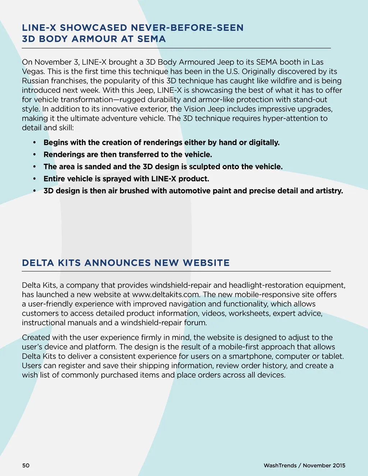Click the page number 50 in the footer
pos(26,466)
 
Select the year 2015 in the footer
pos(339,466)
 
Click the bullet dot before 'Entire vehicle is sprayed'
pos(34,179)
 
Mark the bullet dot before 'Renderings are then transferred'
pos(34,155)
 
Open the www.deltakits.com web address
pos(166,295)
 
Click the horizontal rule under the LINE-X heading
pos(176,48)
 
